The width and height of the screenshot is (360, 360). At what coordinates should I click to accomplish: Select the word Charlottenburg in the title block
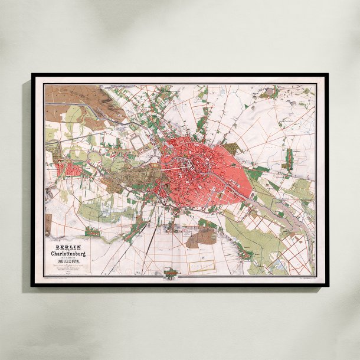pyautogui.click(x=68, y=254)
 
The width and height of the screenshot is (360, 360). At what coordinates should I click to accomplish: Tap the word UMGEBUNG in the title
pyautogui.click(x=68, y=264)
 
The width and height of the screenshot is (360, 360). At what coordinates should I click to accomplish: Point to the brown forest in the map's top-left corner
pyautogui.click(x=65, y=94)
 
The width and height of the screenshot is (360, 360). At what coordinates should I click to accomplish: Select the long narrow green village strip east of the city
pyautogui.click(x=289, y=158)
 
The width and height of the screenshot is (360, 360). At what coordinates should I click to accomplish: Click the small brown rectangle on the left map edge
pyautogui.click(x=48, y=224)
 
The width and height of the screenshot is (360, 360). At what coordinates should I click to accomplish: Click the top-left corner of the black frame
pyautogui.click(x=33, y=75)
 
